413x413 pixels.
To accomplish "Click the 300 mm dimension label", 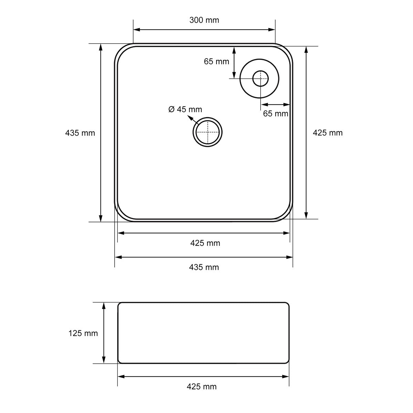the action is (204, 20).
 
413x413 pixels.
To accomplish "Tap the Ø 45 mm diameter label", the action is (185, 109).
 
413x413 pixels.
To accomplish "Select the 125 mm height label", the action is (83, 333).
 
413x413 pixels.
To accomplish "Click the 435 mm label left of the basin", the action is (80, 133).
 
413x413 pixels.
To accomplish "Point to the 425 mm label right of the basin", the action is (328, 133).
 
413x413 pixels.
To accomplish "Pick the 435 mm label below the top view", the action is (204, 267).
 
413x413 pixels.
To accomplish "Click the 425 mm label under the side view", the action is (201, 386).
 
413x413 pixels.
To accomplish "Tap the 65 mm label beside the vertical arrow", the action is (216, 62).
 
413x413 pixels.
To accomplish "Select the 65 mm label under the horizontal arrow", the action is (276, 114).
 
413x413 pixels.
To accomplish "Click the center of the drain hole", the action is (208, 132).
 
